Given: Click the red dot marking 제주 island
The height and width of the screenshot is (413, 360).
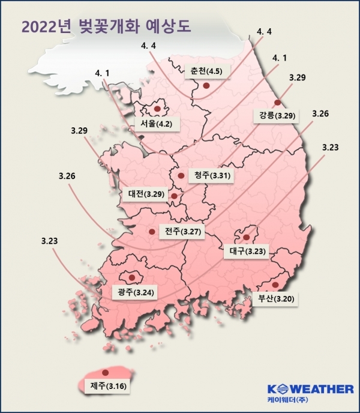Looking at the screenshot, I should (x=106, y=372).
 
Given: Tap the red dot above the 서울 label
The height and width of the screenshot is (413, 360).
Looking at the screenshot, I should (x=158, y=109).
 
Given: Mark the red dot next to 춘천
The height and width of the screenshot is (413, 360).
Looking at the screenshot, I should (x=206, y=86).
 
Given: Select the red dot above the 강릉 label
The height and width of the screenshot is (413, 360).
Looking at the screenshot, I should (x=277, y=103).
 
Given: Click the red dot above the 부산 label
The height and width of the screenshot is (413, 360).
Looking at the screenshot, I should (x=275, y=285).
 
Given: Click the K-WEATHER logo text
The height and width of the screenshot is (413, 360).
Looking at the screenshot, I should (x=310, y=389).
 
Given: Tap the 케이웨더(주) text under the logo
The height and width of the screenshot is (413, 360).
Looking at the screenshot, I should (x=294, y=400).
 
